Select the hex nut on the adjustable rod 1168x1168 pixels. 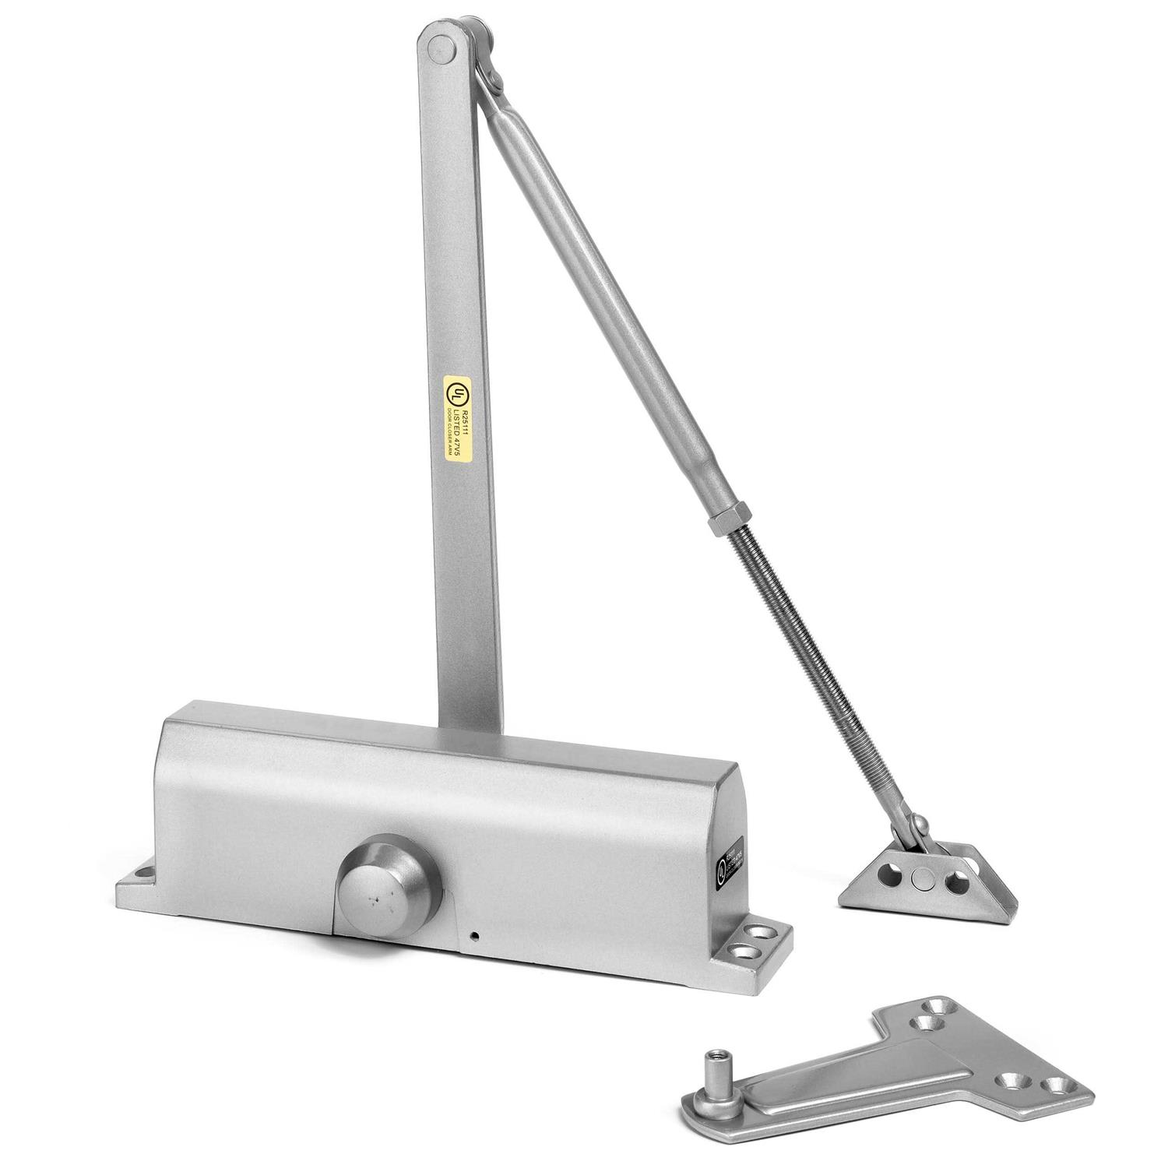pos(719,519)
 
